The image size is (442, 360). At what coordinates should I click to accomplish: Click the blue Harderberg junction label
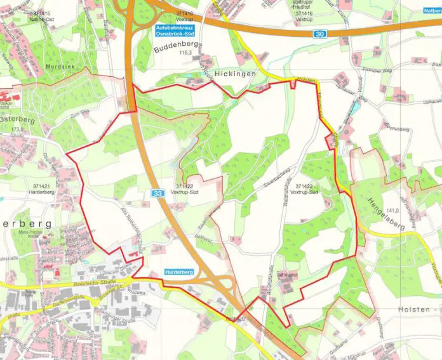click(x=178, y=272)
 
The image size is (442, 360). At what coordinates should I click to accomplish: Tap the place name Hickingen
click(x=236, y=74)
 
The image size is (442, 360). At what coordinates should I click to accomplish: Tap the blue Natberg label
click(x=432, y=11)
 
